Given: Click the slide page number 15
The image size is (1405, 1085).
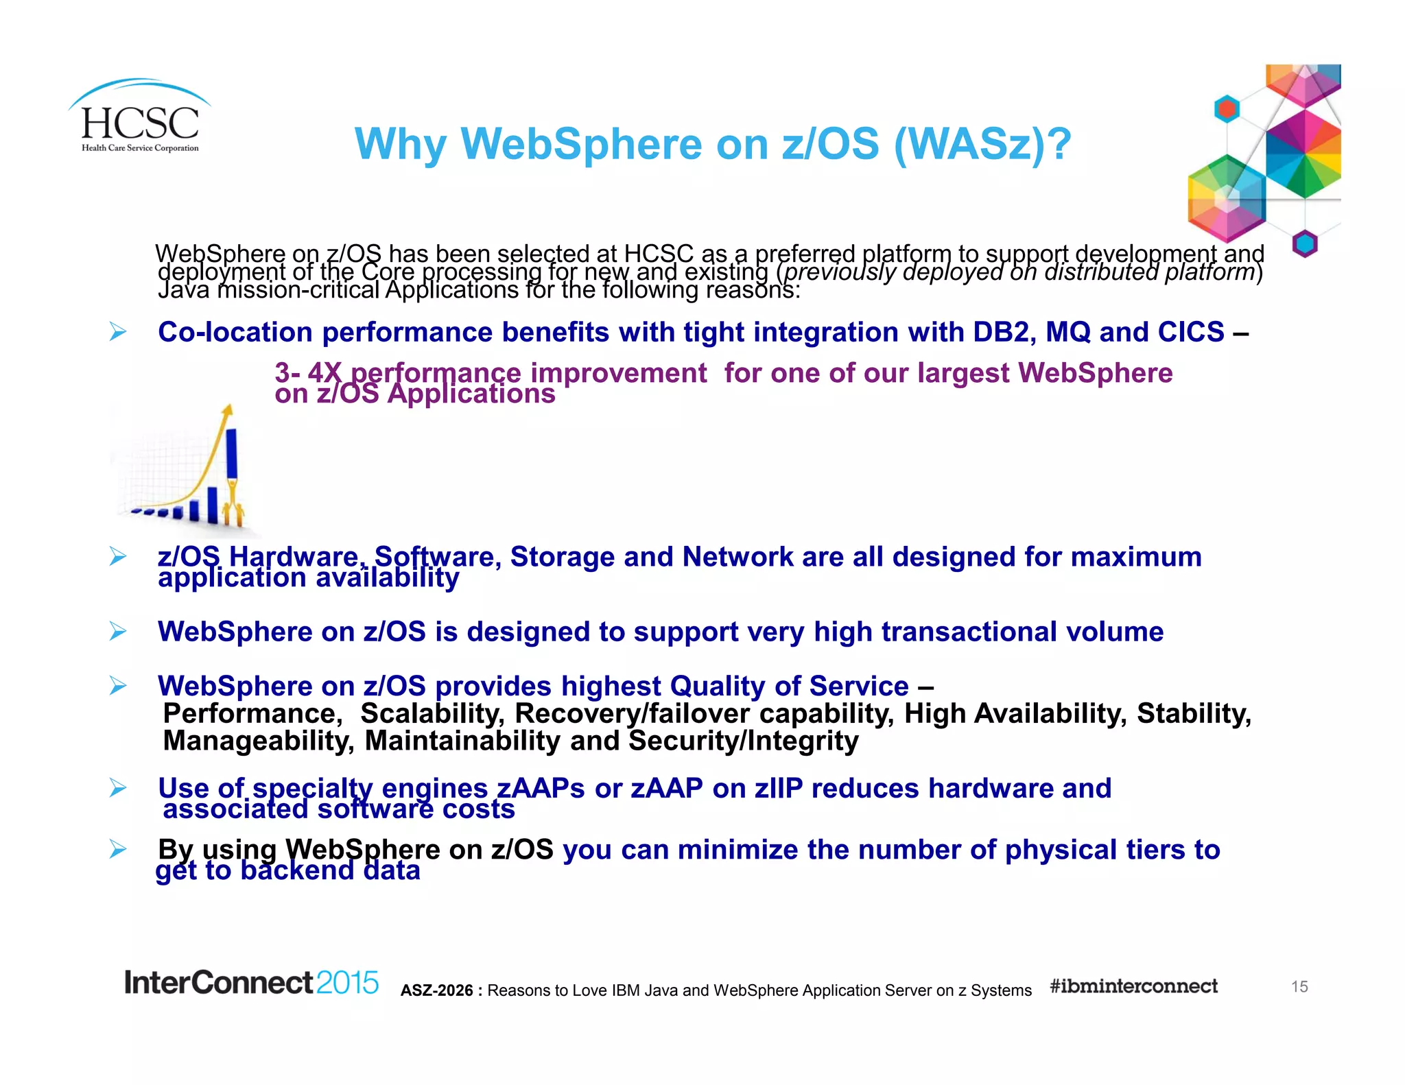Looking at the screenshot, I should click(1299, 986).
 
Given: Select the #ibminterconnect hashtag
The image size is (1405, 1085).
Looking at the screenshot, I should click(1133, 986).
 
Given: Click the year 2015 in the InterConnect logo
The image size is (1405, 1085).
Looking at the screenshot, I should click(347, 983).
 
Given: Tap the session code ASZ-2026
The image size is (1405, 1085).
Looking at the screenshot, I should click(437, 990).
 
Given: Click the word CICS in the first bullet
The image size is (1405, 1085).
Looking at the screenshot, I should click(1191, 332).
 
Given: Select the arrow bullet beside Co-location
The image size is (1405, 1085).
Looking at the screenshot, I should click(118, 333).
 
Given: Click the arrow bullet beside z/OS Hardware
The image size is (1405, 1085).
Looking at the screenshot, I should click(118, 557).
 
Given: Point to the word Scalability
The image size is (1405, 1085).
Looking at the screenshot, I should click(432, 714).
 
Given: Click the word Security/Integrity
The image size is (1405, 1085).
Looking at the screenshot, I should click(744, 741).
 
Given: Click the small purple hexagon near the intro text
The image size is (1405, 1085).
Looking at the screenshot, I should click(1304, 243).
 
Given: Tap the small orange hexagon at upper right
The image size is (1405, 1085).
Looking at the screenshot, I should click(1227, 108).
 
